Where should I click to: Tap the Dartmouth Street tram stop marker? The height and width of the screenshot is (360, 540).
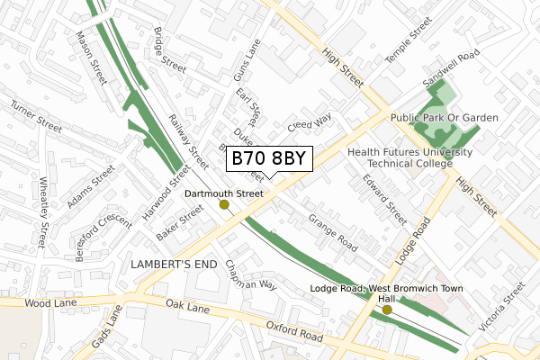point(224,205)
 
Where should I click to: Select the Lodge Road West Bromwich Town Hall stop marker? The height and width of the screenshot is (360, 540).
point(387,310)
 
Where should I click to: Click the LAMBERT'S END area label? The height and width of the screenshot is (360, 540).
point(175,265)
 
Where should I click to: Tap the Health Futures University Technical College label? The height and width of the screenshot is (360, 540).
point(409,159)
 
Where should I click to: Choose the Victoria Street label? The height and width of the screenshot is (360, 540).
point(501,308)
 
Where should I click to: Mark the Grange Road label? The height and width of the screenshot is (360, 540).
point(332,232)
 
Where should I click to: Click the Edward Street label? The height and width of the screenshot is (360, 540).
point(385,199)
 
